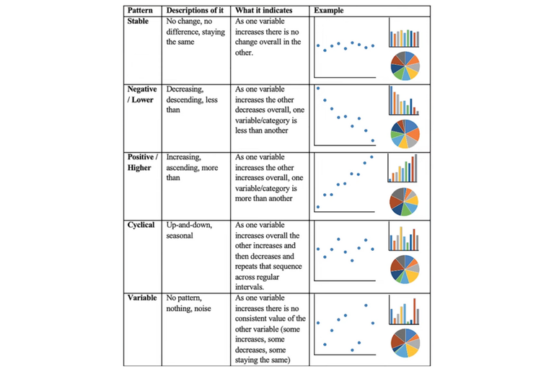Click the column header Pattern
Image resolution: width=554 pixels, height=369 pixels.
pos(141,11)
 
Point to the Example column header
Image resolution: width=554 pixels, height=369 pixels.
pos(330,11)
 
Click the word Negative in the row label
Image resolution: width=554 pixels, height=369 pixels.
pos(142,89)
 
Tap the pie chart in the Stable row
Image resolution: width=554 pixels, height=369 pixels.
pos(405,65)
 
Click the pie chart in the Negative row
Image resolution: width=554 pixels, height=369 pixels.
pos(405,133)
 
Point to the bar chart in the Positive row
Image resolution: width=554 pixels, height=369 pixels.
pos(404,169)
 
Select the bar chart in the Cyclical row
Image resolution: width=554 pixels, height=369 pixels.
pos(404,237)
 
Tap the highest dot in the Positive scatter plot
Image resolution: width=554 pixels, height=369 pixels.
pos(372,156)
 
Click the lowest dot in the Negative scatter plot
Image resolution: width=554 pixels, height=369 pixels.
pos(373,141)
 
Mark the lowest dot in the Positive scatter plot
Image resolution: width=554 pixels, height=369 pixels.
pos(318,207)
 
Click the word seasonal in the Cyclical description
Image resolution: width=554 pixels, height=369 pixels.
pos(180,235)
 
